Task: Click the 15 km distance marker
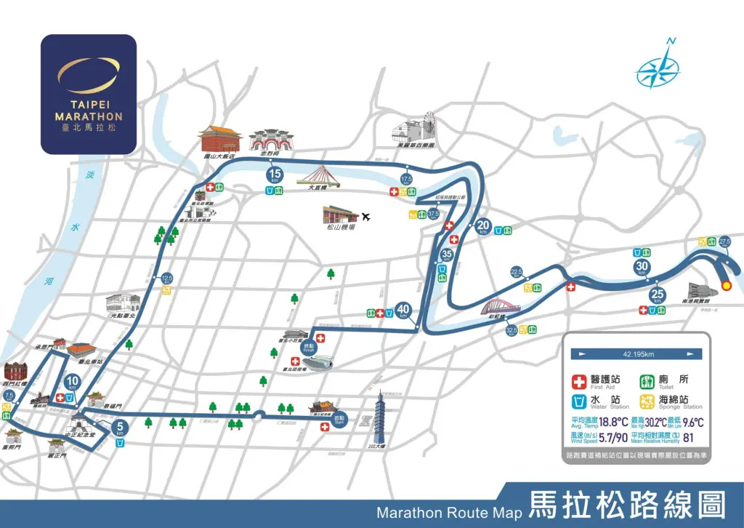click(x=275, y=175)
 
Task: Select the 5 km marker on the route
click(x=120, y=428)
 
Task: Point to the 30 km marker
click(x=642, y=267)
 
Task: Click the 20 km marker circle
click(x=484, y=226)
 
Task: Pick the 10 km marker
click(x=72, y=382)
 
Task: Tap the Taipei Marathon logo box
click(x=88, y=94)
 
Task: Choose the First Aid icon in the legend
click(x=580, y=380)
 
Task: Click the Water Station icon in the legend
click(x=580, y=401)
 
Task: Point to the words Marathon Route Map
click(x=449, y=512)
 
